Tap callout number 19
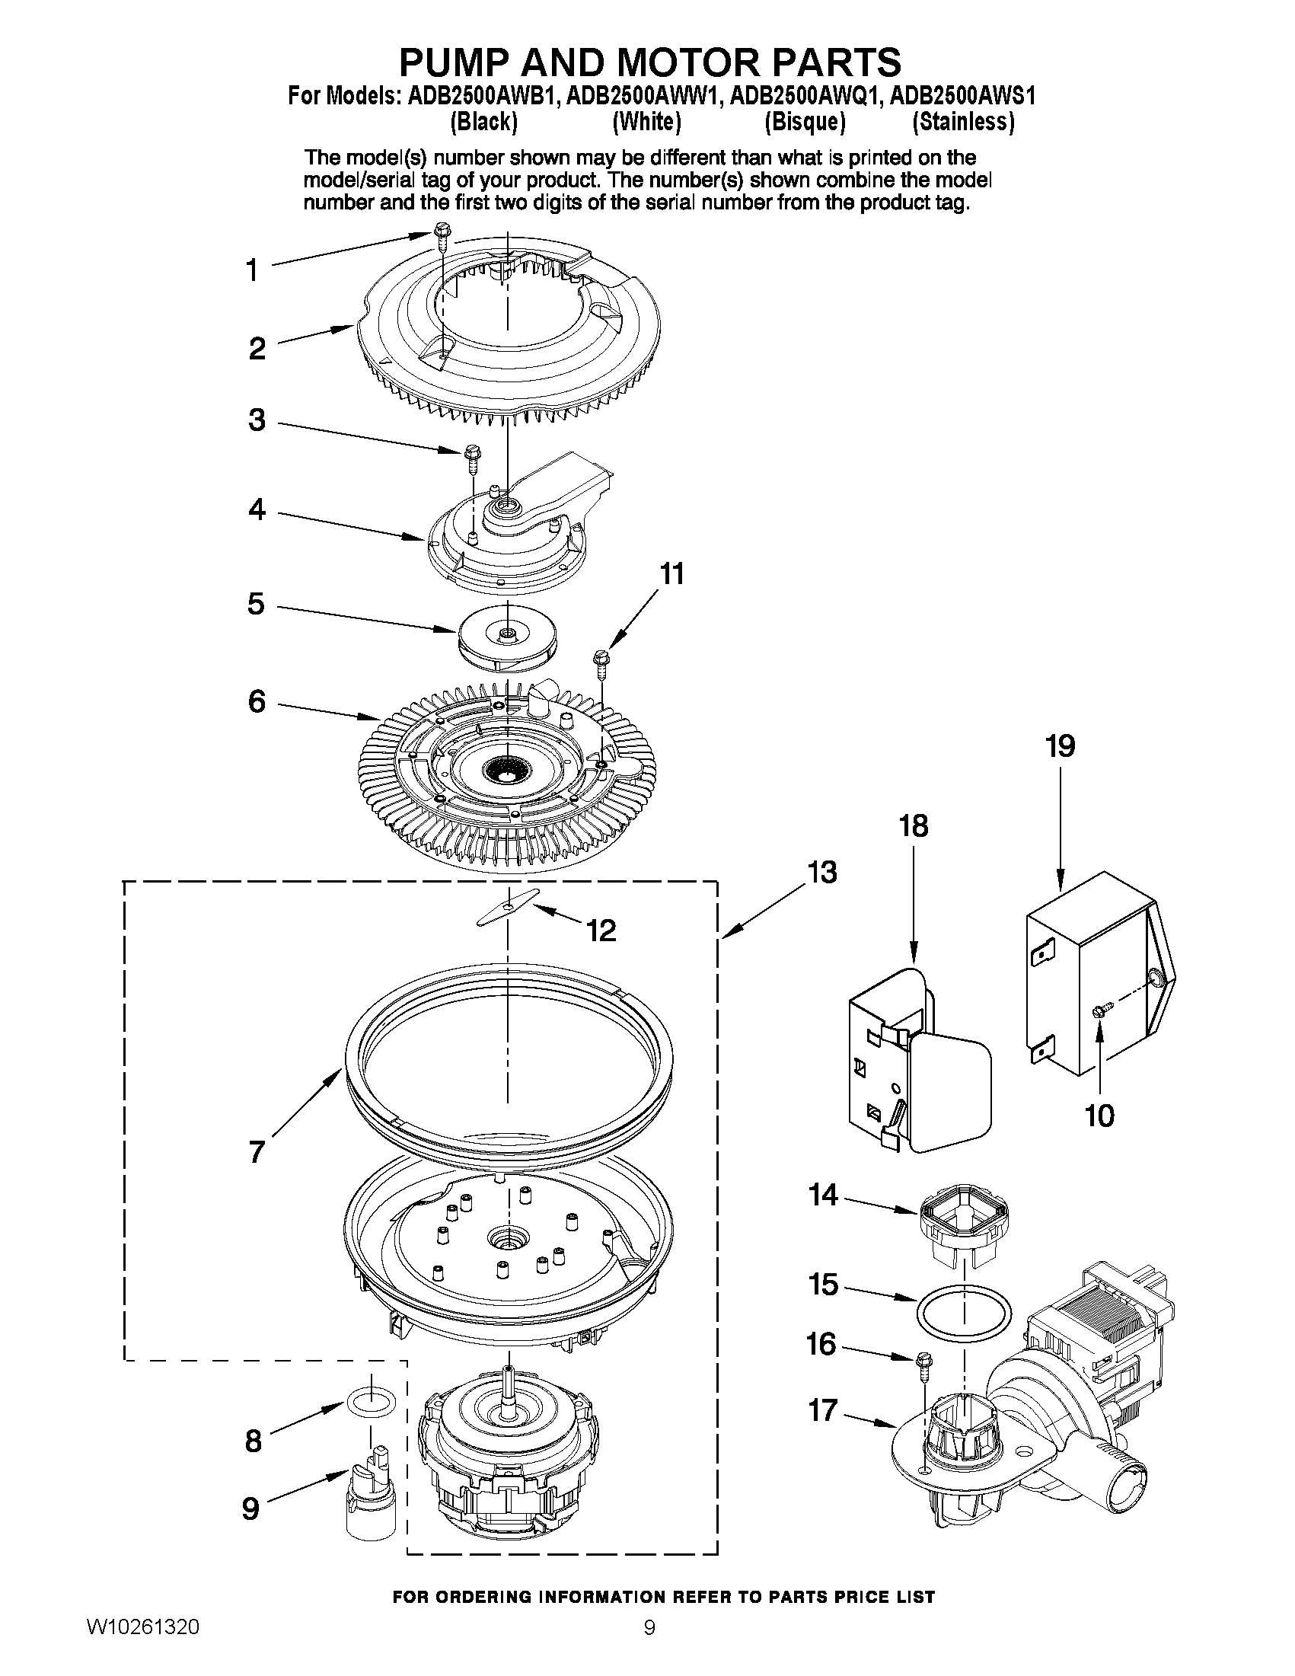coord(1061,746)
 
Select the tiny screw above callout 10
coord(1099,1012)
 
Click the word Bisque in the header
coord(805,122)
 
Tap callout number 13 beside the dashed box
coord(821,873)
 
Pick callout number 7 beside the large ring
coord(257,1151)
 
